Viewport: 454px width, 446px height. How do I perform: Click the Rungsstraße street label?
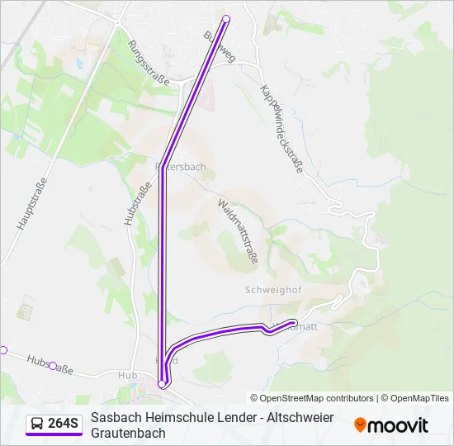149,64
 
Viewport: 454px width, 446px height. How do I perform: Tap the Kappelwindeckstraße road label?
281,129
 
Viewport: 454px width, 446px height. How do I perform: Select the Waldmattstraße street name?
238,230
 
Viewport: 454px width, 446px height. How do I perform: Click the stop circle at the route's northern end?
226,18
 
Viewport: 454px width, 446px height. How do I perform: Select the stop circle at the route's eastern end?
293,322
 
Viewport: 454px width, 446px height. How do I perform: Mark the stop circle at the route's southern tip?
161,383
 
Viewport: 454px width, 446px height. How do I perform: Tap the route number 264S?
64,424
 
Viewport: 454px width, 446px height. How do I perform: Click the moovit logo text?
398,425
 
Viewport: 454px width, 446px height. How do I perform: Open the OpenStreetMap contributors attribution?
311,398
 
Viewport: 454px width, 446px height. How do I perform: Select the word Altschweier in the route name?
301,417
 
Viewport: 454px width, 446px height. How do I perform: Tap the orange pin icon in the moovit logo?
360,425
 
